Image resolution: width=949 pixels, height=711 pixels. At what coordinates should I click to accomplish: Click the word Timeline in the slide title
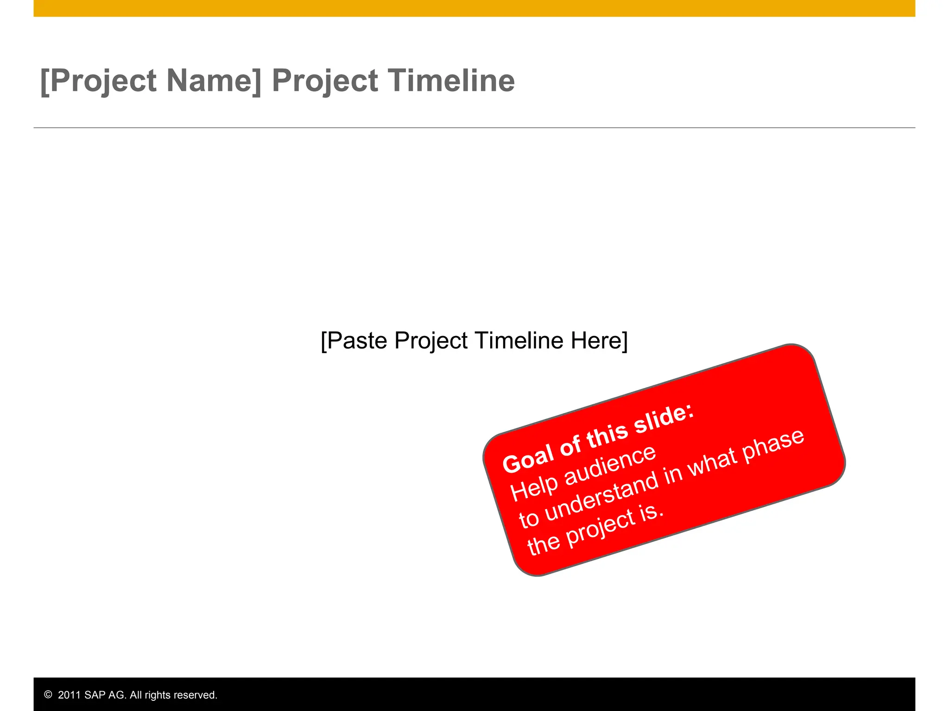coord(451,81)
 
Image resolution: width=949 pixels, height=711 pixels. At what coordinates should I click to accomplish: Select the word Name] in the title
coord(214,81)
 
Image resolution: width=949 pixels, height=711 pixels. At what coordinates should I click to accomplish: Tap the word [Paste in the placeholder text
coord(354,341)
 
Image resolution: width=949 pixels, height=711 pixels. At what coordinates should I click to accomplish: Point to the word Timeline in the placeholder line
coord(519,340)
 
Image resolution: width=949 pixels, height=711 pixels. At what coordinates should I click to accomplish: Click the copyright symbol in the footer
coord(48,695)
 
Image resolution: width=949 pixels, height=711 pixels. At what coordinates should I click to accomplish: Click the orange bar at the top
coord(474,8)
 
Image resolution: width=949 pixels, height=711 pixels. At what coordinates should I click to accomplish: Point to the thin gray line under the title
coord(474,127)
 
